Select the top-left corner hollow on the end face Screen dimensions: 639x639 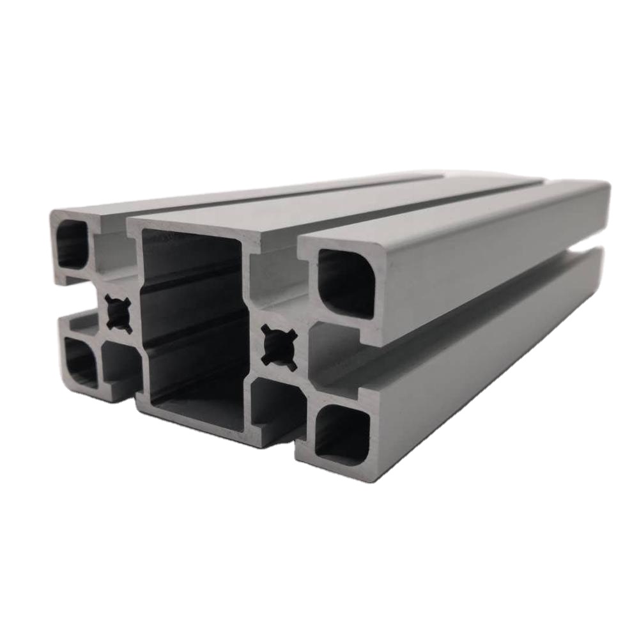tap(72, 244)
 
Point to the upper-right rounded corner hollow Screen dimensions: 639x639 tap(346, 282)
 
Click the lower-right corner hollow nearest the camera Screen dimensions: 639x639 tap(343, 434)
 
